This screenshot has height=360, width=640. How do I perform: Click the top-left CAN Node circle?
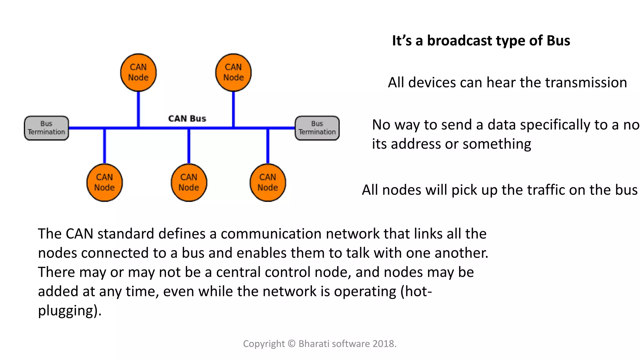pyautogui.click(x=138, y=72)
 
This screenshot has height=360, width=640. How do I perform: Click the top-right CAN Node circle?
pyautogui.click(x=233, y=72)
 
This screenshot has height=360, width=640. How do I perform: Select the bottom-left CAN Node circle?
pyautogui.click(x=104, y=182)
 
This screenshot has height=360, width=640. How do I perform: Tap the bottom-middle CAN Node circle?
pyautogui.click(x=189, y=182)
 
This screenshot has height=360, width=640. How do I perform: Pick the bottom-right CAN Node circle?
pyautogui.click(x=268, y=182)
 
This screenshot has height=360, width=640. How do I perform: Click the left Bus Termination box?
pyautogui.click(x=46, y=128)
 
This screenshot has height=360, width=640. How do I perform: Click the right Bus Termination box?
pyautogui.click(x=317, y=128)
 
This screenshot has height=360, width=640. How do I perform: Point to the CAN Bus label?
pyautogui.click(x=187, y=119)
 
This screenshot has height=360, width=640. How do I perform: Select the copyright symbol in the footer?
pyautogui.click(x=292, y=344)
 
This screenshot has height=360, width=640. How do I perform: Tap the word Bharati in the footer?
pyautogui.click(x=313, y=344)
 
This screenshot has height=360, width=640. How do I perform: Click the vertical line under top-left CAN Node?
pyautogui.click(x=138, y=109)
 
